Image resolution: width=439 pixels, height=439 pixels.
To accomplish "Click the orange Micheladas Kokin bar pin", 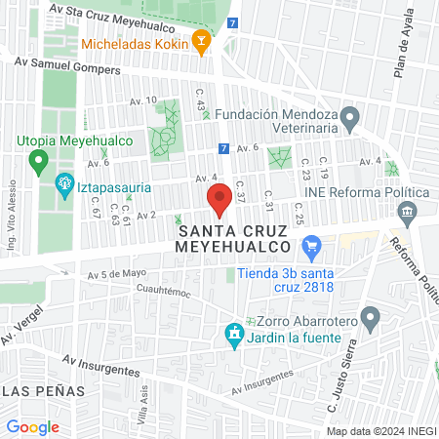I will coord(201,40).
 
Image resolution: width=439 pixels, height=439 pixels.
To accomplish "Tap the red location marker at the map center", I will coord(220,195).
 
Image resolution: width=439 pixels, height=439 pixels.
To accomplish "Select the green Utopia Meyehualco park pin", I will coord(39,159).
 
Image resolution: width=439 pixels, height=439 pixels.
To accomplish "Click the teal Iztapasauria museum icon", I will coord(65,181).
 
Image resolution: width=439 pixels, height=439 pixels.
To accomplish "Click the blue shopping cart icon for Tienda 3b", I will coord(313,249).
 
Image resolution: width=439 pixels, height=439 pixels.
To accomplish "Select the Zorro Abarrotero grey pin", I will coord(370,318).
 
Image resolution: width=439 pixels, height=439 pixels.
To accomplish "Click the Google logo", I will coord(33,426).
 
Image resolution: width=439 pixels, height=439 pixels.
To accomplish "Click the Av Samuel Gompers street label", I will coord(67,65).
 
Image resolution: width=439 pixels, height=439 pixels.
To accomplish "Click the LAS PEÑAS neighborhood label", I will coord(43,390).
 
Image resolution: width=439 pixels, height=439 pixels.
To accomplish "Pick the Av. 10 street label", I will coord(142,100).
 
